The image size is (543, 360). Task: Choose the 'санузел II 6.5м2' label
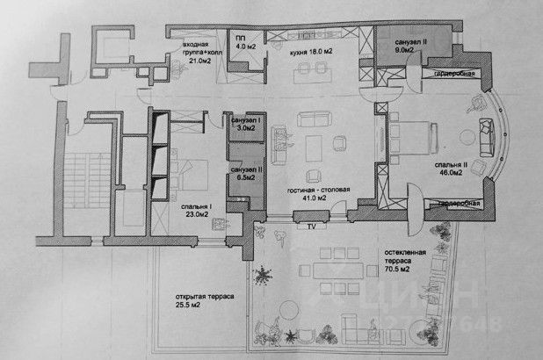(x=245, y=173)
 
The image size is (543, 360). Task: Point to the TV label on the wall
(x=310, y=226)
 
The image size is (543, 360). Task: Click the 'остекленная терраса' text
(x=405, y=256)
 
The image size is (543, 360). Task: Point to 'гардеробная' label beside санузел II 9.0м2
(x=454, y=73)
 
